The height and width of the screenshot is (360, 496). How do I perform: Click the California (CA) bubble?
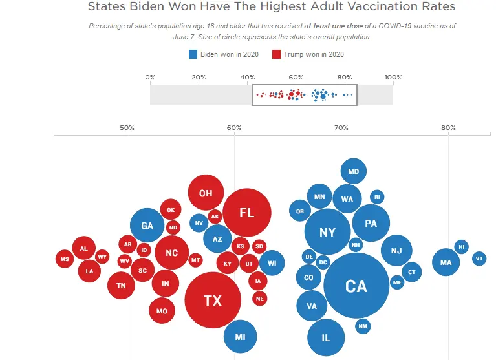coord(356,286)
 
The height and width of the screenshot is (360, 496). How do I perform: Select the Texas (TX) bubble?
coord(213,301)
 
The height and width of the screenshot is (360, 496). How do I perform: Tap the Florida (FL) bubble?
coord(246,213)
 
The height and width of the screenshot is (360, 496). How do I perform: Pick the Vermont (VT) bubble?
coord(479,259)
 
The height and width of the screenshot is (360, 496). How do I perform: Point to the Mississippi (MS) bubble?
coord(65,259)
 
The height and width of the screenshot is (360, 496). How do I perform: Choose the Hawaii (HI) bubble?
coord(461,246)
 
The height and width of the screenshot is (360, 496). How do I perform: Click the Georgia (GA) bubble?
coord(147,226)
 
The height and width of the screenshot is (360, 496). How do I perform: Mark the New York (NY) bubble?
coord(328,231)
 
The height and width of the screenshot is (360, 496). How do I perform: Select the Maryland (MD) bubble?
coord(353,171)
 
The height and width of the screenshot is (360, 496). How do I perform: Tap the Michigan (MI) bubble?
coord(240,337)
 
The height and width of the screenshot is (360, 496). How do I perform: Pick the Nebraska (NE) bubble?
coord(259,298)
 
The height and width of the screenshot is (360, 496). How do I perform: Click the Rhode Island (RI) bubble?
coord(377,197)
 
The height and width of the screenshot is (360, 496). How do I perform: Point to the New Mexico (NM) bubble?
coord(363,326)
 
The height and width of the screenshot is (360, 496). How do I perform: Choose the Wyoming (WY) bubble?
coord(102,257)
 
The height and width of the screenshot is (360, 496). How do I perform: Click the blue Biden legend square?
coord(193,54)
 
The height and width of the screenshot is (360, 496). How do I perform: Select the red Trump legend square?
coord(276,54)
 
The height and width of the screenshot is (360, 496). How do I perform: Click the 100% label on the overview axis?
coord(393,78)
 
